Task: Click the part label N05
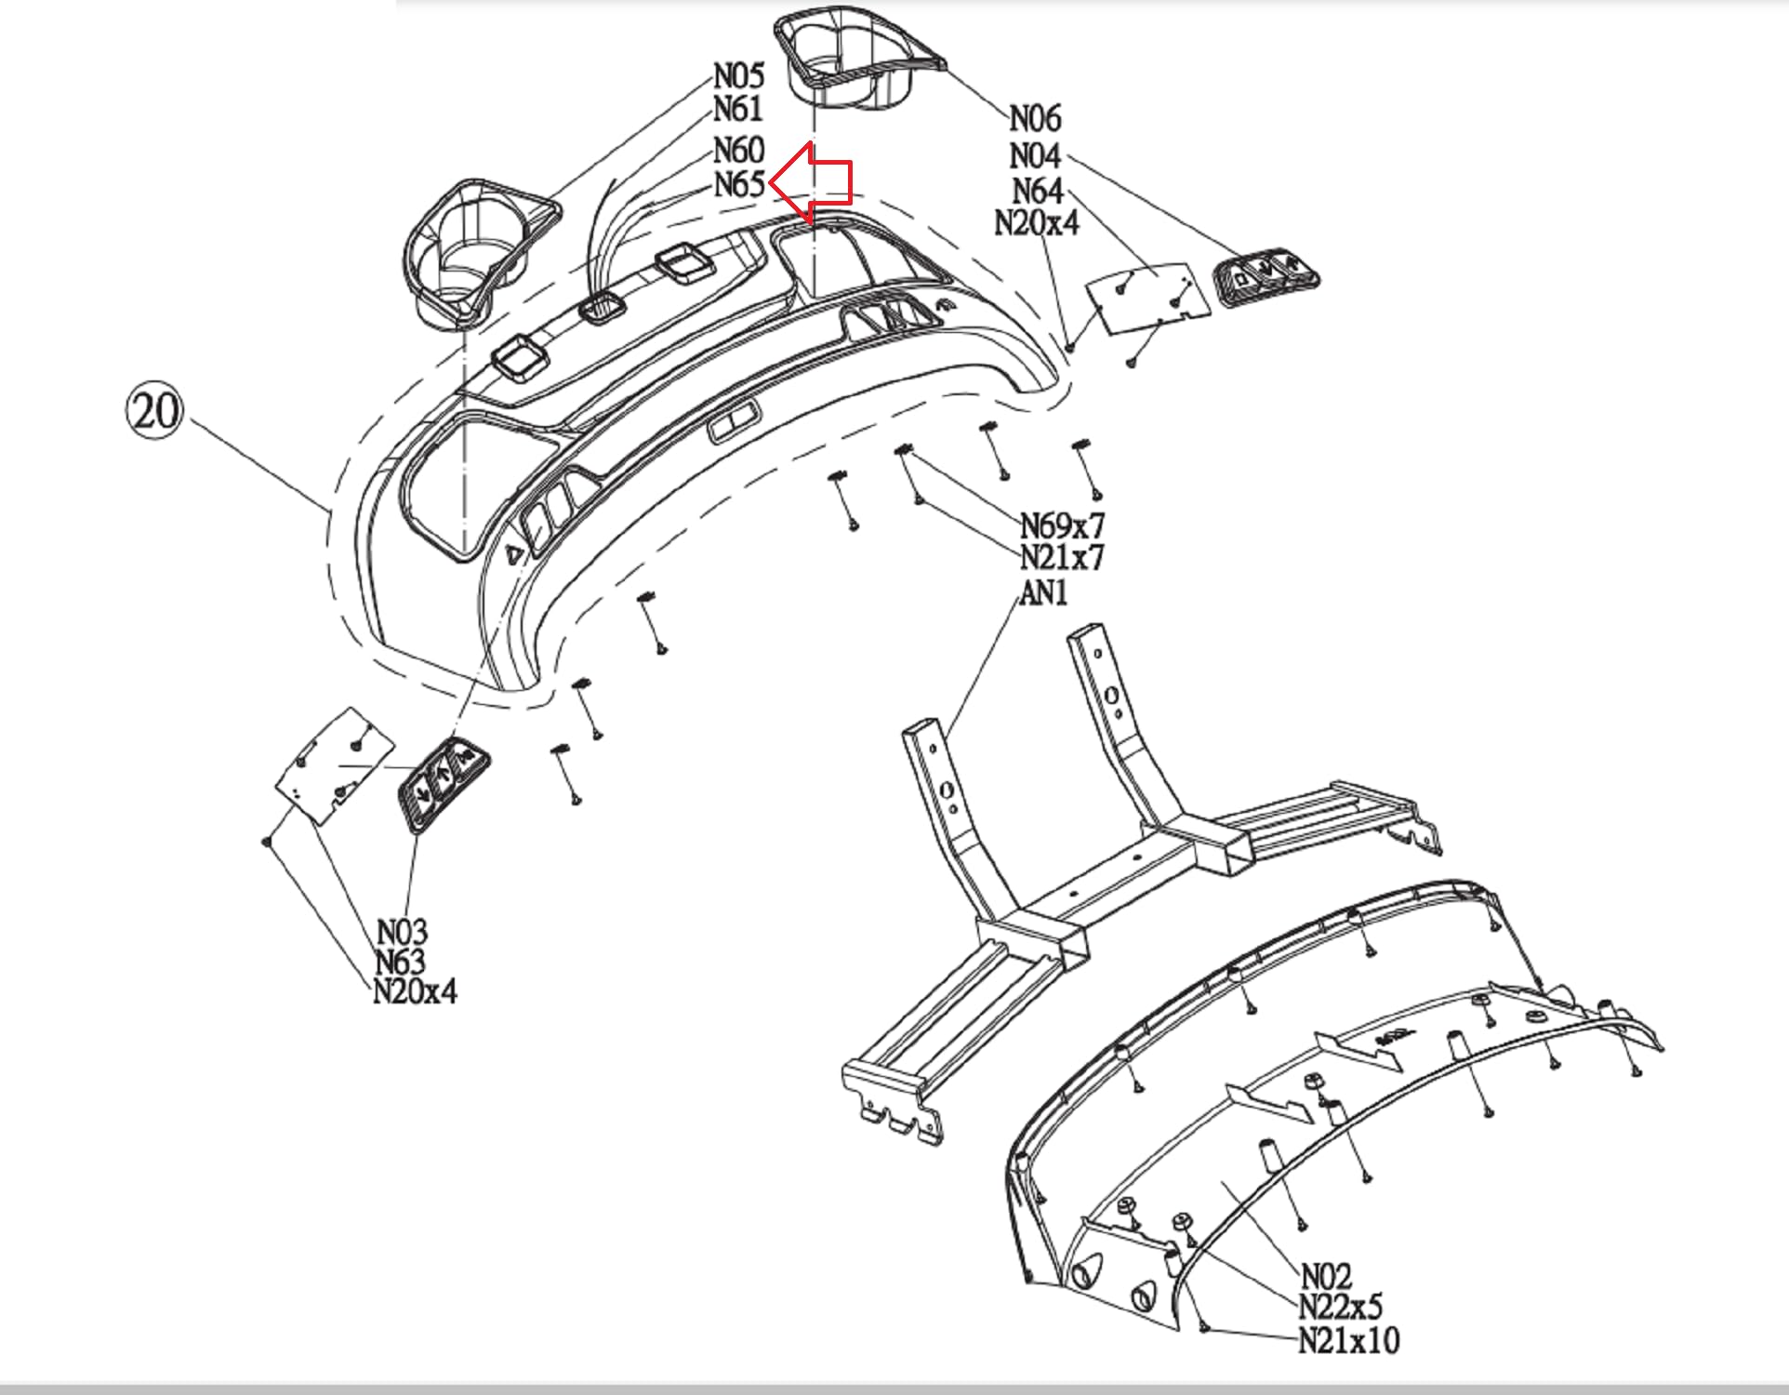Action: (738, 76)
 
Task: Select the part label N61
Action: (738, 110)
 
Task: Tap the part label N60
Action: (738, 151)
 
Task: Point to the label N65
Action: (739, 185)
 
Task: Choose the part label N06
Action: (1034, 119)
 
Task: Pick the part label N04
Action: (1034, 155)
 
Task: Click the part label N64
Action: (1037, 191)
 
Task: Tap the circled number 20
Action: (154, 410)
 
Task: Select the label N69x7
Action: (1062, 526)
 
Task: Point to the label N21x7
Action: (1062, 558)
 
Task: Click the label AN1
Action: (1043, 593)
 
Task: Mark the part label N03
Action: (402, 931)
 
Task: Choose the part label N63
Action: (401, 962)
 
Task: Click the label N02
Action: (1325, 1275)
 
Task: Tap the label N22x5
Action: (1340, 1307)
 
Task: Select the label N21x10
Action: (1348, 1341)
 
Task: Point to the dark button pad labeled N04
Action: (1266, 276)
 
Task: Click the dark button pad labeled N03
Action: (443, 781)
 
